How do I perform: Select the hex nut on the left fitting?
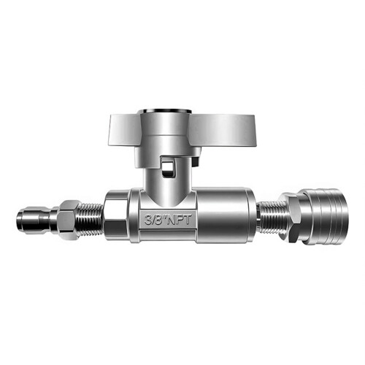coord(69,220)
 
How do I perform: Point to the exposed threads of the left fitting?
coord(91,220)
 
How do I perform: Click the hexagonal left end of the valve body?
coord(116,215)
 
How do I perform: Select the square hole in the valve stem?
coord(168,168)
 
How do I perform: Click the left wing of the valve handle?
coord(125,131)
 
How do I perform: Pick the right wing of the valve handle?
coord(222,131)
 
